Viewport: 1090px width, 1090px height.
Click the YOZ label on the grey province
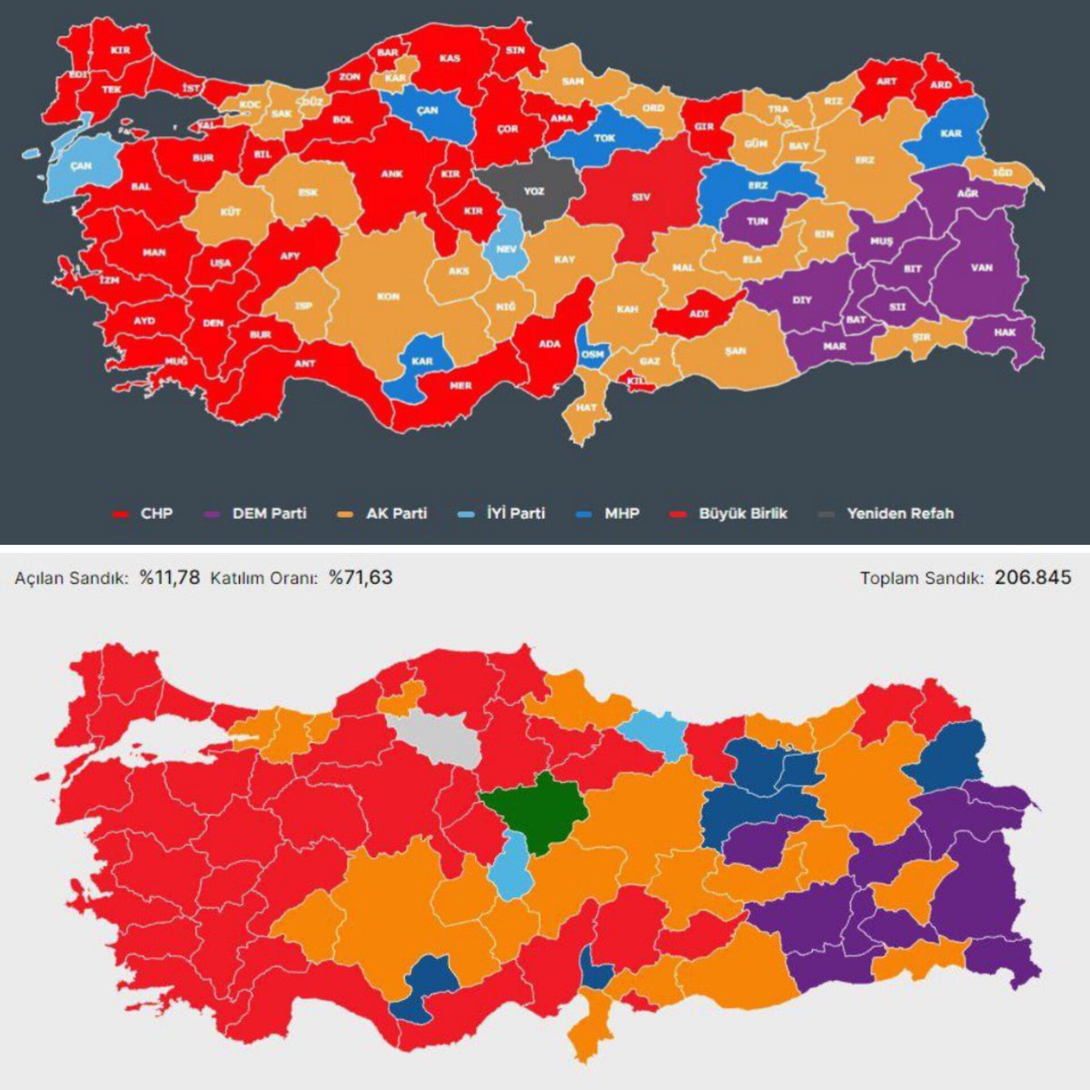point(534,193)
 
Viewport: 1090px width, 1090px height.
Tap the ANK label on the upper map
point(391,174)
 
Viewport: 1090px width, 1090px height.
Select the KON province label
point(389,297)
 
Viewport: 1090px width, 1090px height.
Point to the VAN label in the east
point(982,268)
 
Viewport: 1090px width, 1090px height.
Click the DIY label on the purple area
point(802,300)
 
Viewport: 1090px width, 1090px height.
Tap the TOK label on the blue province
point(605,139)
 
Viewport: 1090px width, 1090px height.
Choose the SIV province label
point(641,197)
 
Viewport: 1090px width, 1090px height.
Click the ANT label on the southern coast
point(305,363)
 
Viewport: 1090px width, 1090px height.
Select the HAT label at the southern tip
point(587,408)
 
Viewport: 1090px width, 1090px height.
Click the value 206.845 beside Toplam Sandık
point(1033,577)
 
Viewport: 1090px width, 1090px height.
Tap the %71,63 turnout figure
point(361,577)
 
